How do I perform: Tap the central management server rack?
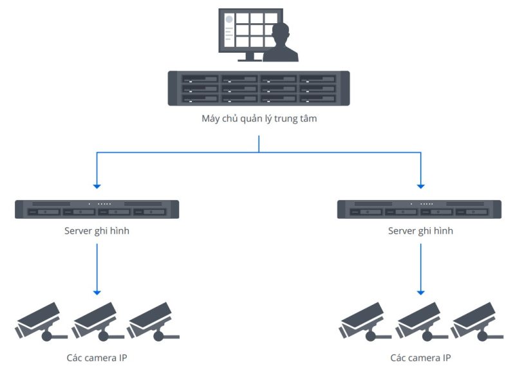click(259, 88)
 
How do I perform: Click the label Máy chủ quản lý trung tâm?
click(259, 118)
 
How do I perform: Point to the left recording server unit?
click(97, 209)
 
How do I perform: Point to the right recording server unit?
click(420, 209)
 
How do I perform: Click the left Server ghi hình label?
click(97, 230)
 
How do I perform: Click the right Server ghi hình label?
click(420, 230)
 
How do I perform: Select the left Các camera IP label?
click(97, 357)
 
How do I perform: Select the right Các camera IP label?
click(420, 357)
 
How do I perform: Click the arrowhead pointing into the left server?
click(97, 186)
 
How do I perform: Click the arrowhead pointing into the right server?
click(420, 186)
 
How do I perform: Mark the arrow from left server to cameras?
click(97, 267)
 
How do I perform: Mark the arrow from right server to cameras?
click(420, 267)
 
